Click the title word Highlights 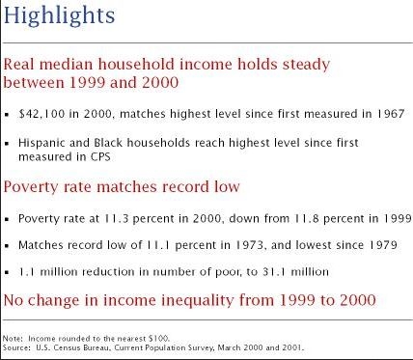59,15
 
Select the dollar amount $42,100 41,114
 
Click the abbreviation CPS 100,157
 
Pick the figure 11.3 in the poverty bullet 116,219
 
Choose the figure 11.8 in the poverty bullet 307,219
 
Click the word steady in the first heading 306,65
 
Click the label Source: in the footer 16,347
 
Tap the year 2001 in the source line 292,347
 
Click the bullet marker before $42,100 7,115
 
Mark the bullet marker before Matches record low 7,246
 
